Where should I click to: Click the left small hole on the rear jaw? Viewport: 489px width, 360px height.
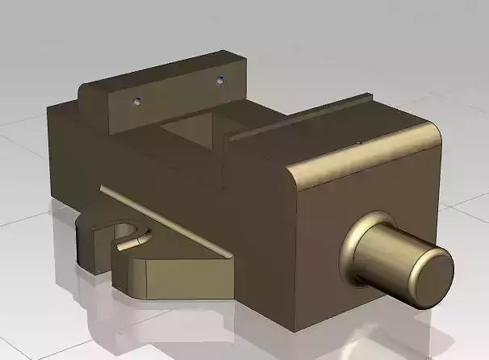coord(136,102)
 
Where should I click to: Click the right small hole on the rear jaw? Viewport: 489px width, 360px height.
coord(219,80)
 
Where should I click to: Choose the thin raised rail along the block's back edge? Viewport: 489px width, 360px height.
coord(299,118)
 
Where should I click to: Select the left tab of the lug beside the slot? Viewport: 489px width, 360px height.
coord(89,242)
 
